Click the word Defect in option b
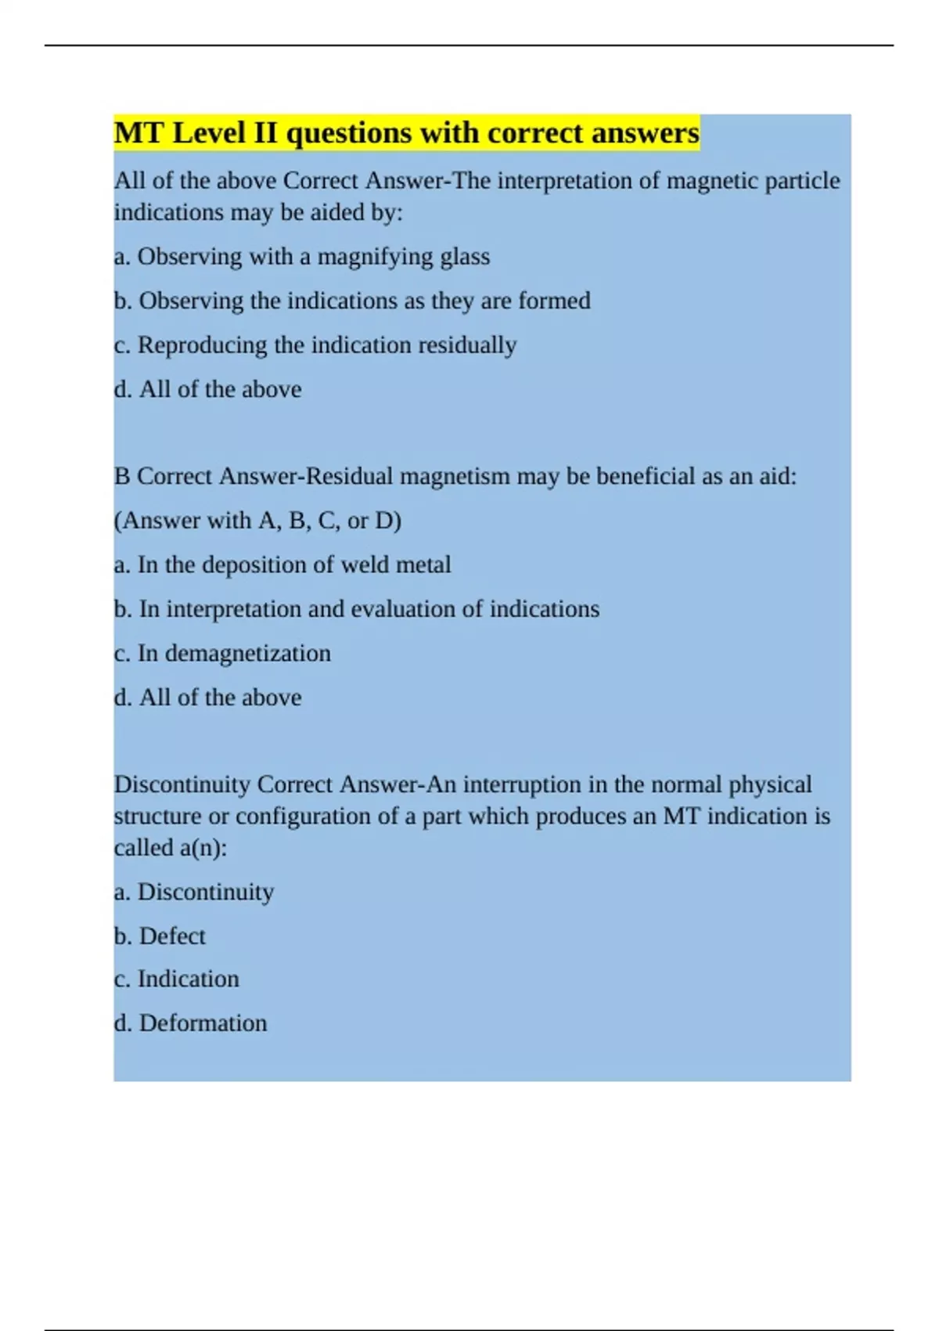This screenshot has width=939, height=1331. [x=172, y=936]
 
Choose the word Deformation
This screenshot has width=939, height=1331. [x=203, y=1023]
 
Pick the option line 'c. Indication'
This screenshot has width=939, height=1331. [x=177, y=979]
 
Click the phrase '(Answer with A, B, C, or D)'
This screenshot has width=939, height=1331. [x=257, y=521]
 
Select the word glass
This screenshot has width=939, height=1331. [x=465, y=257]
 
